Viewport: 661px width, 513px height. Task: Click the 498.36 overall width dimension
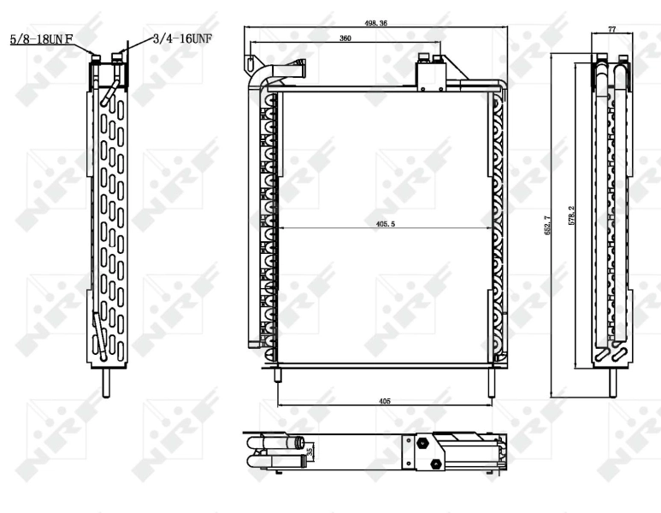point(376,24)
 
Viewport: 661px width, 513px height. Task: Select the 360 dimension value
point(345,38)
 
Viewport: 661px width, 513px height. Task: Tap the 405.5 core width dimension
point(385,225)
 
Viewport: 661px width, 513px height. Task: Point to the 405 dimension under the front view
point(385,400)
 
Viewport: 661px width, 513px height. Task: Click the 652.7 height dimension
point(548,225)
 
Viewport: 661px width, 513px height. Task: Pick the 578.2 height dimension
point(571,215)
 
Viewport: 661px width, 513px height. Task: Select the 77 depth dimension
point(612,29)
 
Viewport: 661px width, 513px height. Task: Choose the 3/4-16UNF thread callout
point(182,38)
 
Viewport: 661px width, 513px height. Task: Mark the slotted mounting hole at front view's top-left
point(251,63)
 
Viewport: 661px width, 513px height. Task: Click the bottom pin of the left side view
point(108,381)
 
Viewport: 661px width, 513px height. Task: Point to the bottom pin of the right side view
point(612,381)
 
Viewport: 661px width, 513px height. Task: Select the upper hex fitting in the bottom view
point(421,445)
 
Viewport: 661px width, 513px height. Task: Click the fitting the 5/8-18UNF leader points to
point(97,60)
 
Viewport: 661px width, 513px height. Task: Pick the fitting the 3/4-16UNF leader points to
point(116,58)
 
